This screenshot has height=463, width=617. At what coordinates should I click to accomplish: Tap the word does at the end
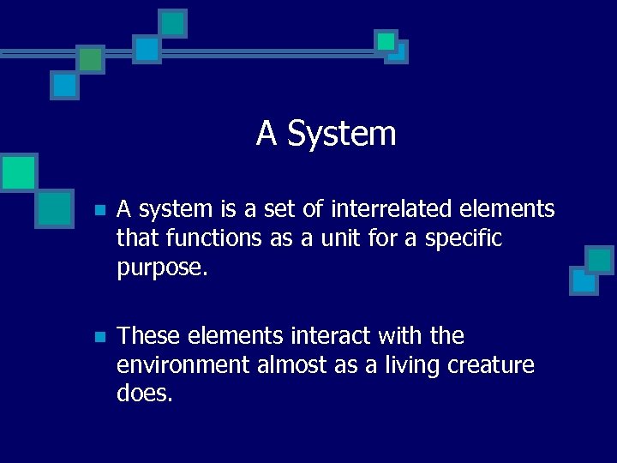coord(145,394)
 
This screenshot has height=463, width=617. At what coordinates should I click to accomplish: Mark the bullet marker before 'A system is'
coord(99,210)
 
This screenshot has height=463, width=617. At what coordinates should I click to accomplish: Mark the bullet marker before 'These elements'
coord(99,337)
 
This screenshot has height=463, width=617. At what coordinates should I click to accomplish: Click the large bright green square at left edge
coord(17,172)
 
